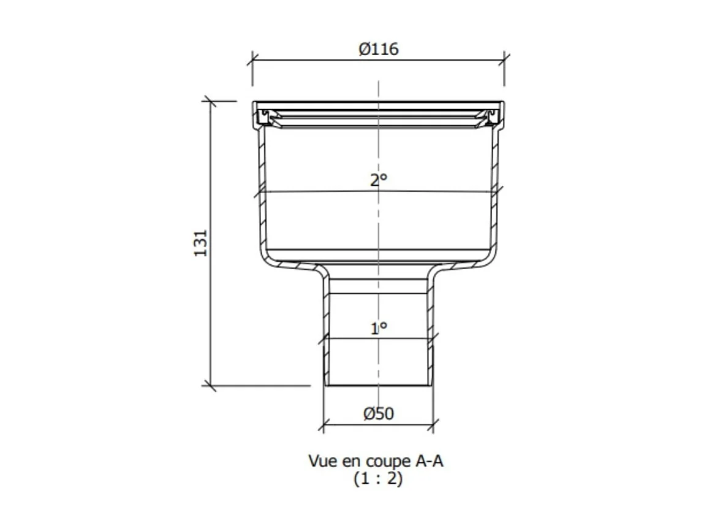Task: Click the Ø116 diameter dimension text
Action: (x=378, y=49)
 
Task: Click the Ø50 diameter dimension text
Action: (x=378, y=414)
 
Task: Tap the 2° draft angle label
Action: (x=379, y=180)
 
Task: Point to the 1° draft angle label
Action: (x=379, y=329)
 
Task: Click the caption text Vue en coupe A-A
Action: (x=375, y=461)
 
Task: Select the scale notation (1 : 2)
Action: (x=378, y=480)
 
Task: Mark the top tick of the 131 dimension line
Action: (x=210, y=101)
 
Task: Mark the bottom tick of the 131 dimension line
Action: (x=210, y=386)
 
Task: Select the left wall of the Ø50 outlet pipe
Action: (x=327, y=331)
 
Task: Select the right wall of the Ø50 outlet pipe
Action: (x=431, y=331)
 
